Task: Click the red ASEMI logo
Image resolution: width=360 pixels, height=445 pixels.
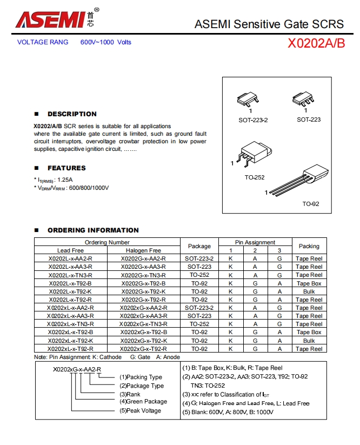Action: tap(51, 19)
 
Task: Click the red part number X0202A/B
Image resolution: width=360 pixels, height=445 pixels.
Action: tap(316, 43)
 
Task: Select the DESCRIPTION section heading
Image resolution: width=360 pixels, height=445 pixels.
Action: tap(72, 114)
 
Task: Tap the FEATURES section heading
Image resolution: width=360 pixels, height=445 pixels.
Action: tap(66, 168)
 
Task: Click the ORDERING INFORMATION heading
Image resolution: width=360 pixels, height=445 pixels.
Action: tap(93, 230)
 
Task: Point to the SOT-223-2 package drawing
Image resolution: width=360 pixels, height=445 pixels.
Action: tap(248, 99)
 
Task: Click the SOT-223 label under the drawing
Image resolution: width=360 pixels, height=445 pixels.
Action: tap(309, 119)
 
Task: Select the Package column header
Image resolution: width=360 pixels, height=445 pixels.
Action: tap(199, 246)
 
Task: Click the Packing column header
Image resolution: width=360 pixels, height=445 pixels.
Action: tap(309, 246)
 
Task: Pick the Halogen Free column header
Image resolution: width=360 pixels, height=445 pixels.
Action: tap(143, 250)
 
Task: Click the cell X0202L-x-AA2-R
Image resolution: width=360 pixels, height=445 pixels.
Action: tap(70, 258)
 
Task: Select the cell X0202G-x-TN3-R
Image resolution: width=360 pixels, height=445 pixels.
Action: tap(143, 275)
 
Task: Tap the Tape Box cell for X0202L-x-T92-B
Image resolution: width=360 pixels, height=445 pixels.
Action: tap(309, 283)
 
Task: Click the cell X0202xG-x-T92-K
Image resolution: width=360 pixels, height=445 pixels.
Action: tap(143, 341)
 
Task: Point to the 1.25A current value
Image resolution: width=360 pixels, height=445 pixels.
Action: tap(65, 180)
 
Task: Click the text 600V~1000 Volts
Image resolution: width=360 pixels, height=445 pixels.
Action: tap(106, 42)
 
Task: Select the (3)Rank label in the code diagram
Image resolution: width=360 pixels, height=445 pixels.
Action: tap(130, 394)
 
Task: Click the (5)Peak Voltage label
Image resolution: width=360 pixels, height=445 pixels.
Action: tap(140, 410)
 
